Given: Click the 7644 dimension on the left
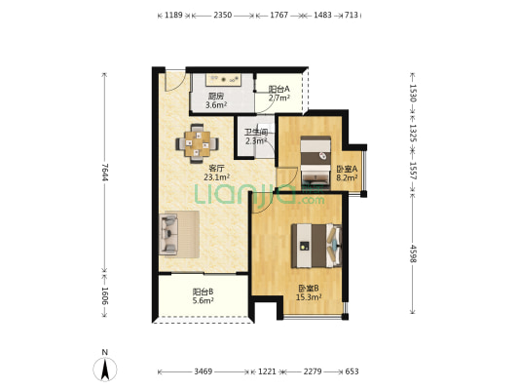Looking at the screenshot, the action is [x=104, y=172].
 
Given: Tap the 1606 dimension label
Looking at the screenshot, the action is [x=104, y=295].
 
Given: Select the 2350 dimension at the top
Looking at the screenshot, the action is [x=222, y=15].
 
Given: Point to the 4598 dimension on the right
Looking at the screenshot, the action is [x=413, y=253].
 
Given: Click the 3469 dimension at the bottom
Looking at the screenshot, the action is [x=203, y=371].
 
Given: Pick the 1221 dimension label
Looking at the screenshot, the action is [x=267, y=371].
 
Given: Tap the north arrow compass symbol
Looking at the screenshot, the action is [x=105, y=369].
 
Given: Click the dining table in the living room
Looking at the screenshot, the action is [x=197, y=143].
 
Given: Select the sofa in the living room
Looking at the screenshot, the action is [x=168, y=234].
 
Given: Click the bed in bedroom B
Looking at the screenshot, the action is [x=316, y=246].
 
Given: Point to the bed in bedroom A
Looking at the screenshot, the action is [x=315, y=163].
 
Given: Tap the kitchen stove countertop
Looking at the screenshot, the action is [x=223, y=80].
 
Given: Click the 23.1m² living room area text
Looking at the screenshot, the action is [x=217, y=177].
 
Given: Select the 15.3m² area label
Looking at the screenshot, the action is [x=309, y=297].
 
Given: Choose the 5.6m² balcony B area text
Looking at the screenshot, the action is [x=203, y=300].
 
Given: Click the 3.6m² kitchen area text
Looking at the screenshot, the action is [x=216, y=105].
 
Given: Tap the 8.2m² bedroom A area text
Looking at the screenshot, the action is [x=347, y=177].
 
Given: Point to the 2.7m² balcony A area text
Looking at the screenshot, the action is [x=279, y=97].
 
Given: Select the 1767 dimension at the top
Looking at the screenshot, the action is [x=279, y=15].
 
